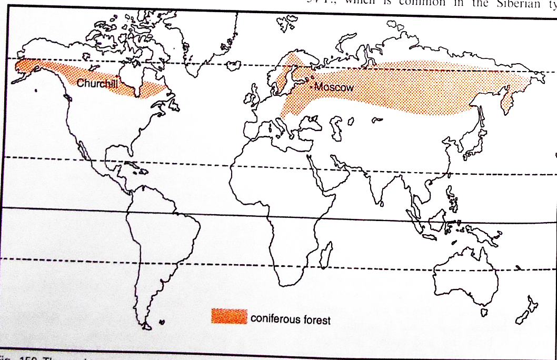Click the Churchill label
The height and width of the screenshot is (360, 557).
(97, 83)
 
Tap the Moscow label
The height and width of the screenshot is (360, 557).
(334, 87)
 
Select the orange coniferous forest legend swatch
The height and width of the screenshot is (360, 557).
(228, 316)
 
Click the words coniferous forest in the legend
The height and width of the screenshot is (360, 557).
(291, 319)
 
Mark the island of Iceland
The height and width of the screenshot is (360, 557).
(231, 65)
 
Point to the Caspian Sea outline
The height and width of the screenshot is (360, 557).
(335, 126)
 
